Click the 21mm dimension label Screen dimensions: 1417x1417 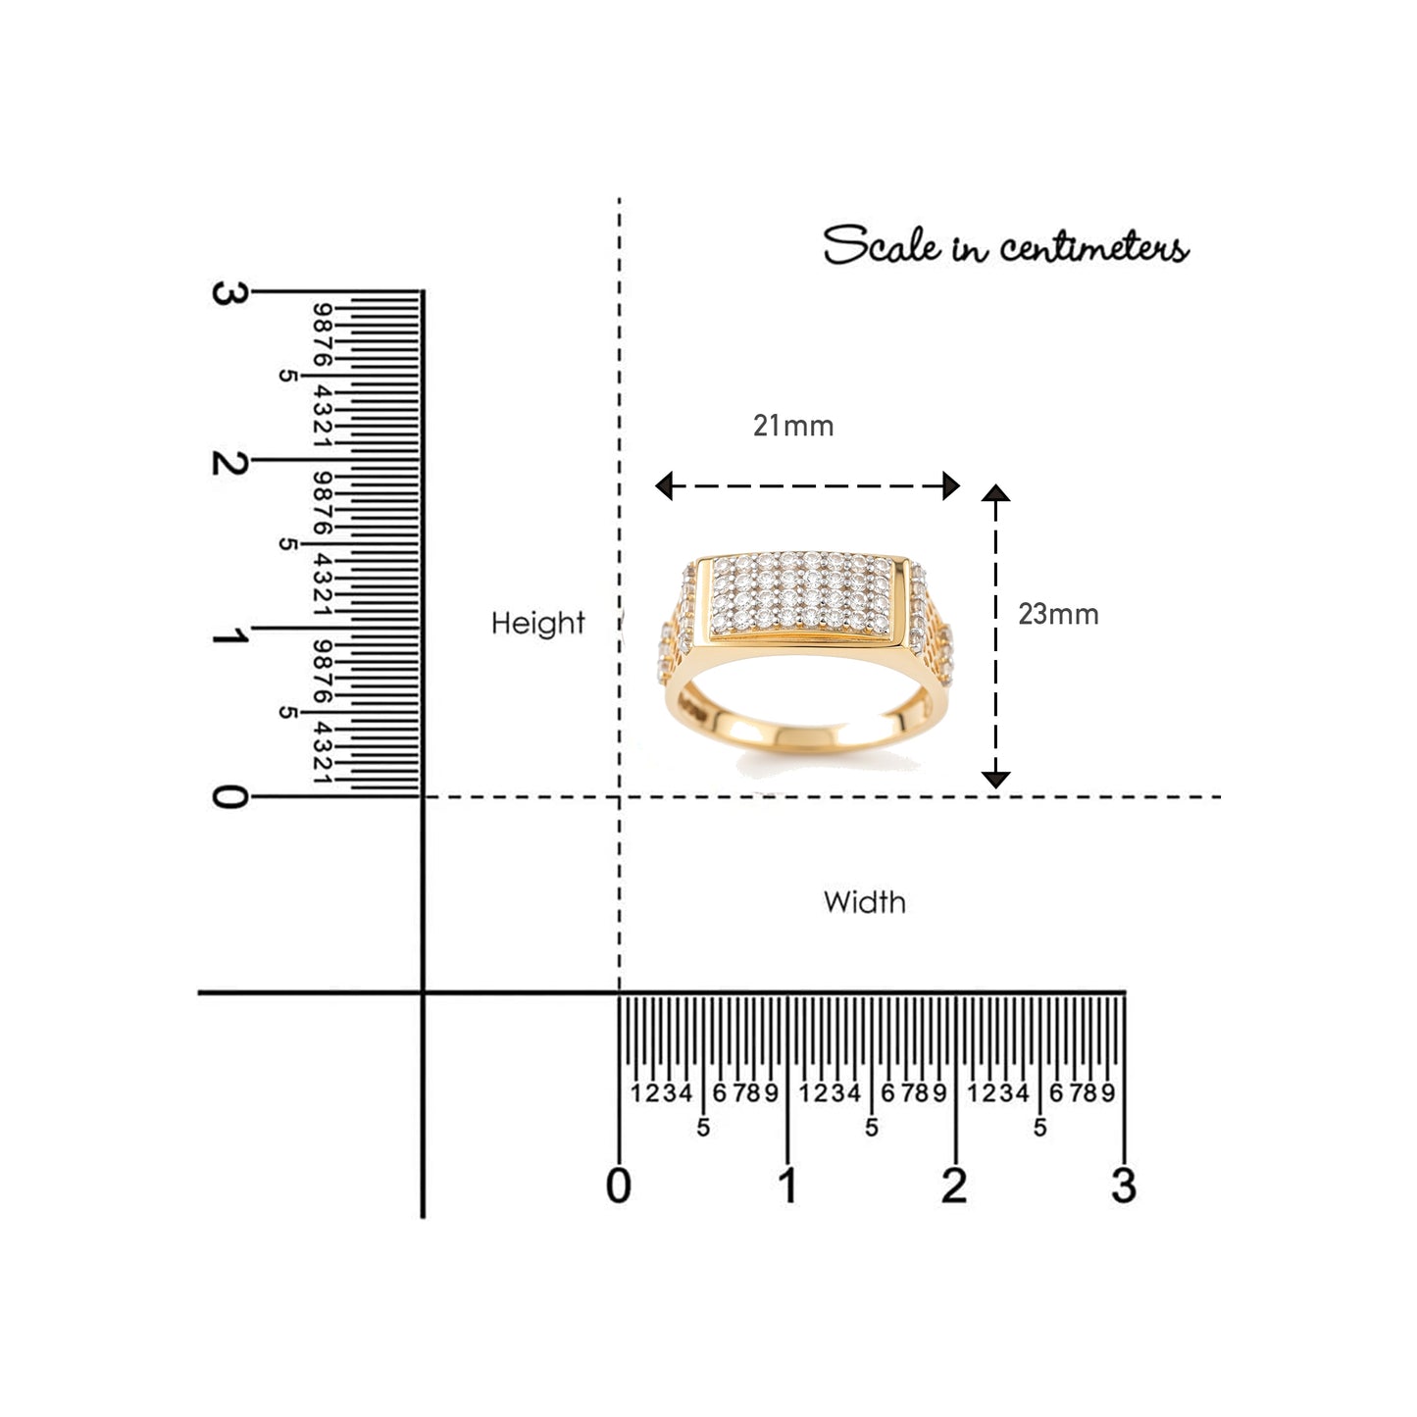point(793,426)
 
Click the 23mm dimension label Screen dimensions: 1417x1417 point(1058,614)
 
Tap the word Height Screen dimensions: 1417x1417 point(537,624)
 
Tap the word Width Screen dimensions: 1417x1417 point(865,902)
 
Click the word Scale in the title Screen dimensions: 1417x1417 point(882,245)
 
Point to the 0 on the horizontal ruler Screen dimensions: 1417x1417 point(619,1186)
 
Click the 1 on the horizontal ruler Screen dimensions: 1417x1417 point(788,1186)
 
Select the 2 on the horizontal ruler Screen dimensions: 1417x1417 point(954,1186)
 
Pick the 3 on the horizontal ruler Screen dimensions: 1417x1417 point(1125,1186)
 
